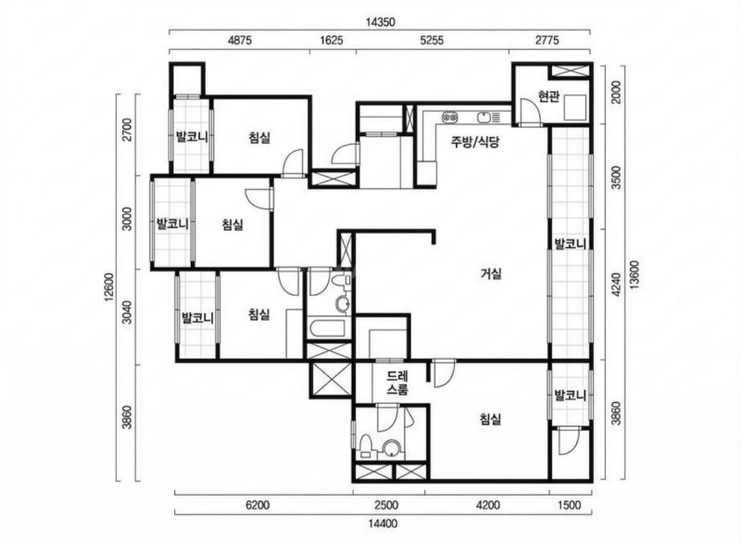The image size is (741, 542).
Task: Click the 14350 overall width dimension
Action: pos(381,21)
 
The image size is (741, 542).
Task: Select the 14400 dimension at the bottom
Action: pos(383,523)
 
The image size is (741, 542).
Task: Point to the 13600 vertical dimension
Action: pos(634,274)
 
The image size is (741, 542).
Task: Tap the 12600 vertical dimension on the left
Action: pos(109,286)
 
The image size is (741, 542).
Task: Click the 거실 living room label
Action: pos(491,273)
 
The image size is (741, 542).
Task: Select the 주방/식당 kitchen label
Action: pos(475,143)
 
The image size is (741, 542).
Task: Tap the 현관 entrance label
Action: pos(548,97)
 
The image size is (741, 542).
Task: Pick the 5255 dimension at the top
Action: pos(432,40)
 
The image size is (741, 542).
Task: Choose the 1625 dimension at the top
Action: pos(332,40)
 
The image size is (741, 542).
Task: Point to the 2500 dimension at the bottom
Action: pos(386,505)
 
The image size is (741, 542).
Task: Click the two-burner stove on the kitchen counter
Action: pos(449,117)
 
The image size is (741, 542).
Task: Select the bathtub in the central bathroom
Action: pos(328,329)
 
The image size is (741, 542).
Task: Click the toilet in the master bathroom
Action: pos(366,447)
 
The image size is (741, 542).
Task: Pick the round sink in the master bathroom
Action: pos(391,448)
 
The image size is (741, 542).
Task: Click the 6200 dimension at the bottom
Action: pos(257,505)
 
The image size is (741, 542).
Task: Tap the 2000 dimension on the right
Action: pos(615,92)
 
